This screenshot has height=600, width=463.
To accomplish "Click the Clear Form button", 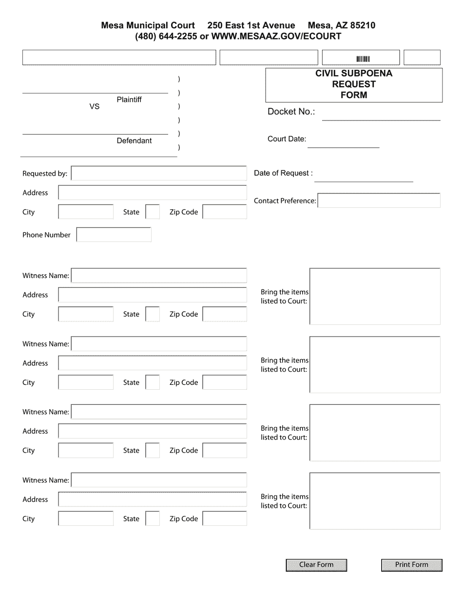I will [316, 565].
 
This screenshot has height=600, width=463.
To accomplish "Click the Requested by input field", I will [159, 174].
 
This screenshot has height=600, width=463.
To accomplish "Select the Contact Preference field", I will [379, 200].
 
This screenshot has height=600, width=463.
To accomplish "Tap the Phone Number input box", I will [114, 235].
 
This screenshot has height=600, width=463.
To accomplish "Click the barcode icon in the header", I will [363, 59].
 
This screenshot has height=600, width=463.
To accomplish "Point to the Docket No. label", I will [291, 112].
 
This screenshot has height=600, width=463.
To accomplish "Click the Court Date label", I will [287, 139].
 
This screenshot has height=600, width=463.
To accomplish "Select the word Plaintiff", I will [129, 100].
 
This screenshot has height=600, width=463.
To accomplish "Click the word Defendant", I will [134, 141].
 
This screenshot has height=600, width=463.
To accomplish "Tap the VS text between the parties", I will [94, 106].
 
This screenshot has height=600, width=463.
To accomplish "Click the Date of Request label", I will [283, 173].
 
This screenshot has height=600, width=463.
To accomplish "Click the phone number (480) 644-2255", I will [166, 36].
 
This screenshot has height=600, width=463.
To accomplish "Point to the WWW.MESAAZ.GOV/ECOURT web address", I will [276, 36].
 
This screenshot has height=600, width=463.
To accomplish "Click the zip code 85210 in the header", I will [363, 25].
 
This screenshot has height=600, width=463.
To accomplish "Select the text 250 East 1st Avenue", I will [251, 25].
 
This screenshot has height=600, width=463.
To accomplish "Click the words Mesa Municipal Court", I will [148, 25].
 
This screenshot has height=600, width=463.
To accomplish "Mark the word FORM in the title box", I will [354, 95].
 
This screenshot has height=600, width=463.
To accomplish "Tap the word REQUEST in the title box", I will [354, 84].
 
